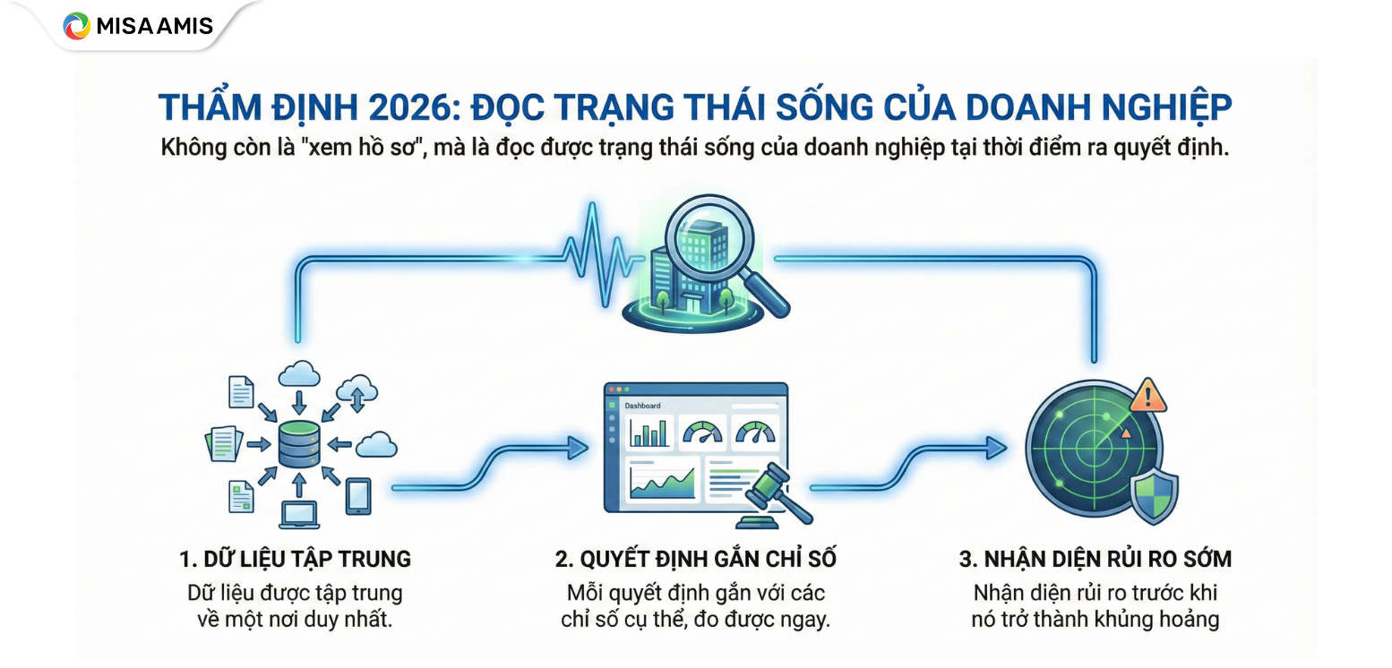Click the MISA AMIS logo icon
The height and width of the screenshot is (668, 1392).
77,25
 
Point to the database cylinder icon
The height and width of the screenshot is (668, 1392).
298,444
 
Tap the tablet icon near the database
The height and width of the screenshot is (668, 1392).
358,495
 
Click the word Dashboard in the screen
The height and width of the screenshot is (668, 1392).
642,406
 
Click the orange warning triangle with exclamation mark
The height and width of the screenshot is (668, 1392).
1147,395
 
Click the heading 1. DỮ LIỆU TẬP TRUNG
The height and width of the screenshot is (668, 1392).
295,560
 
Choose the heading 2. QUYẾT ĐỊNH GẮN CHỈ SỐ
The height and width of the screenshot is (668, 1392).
695,560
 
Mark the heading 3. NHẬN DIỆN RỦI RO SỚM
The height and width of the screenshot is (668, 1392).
1095,560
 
